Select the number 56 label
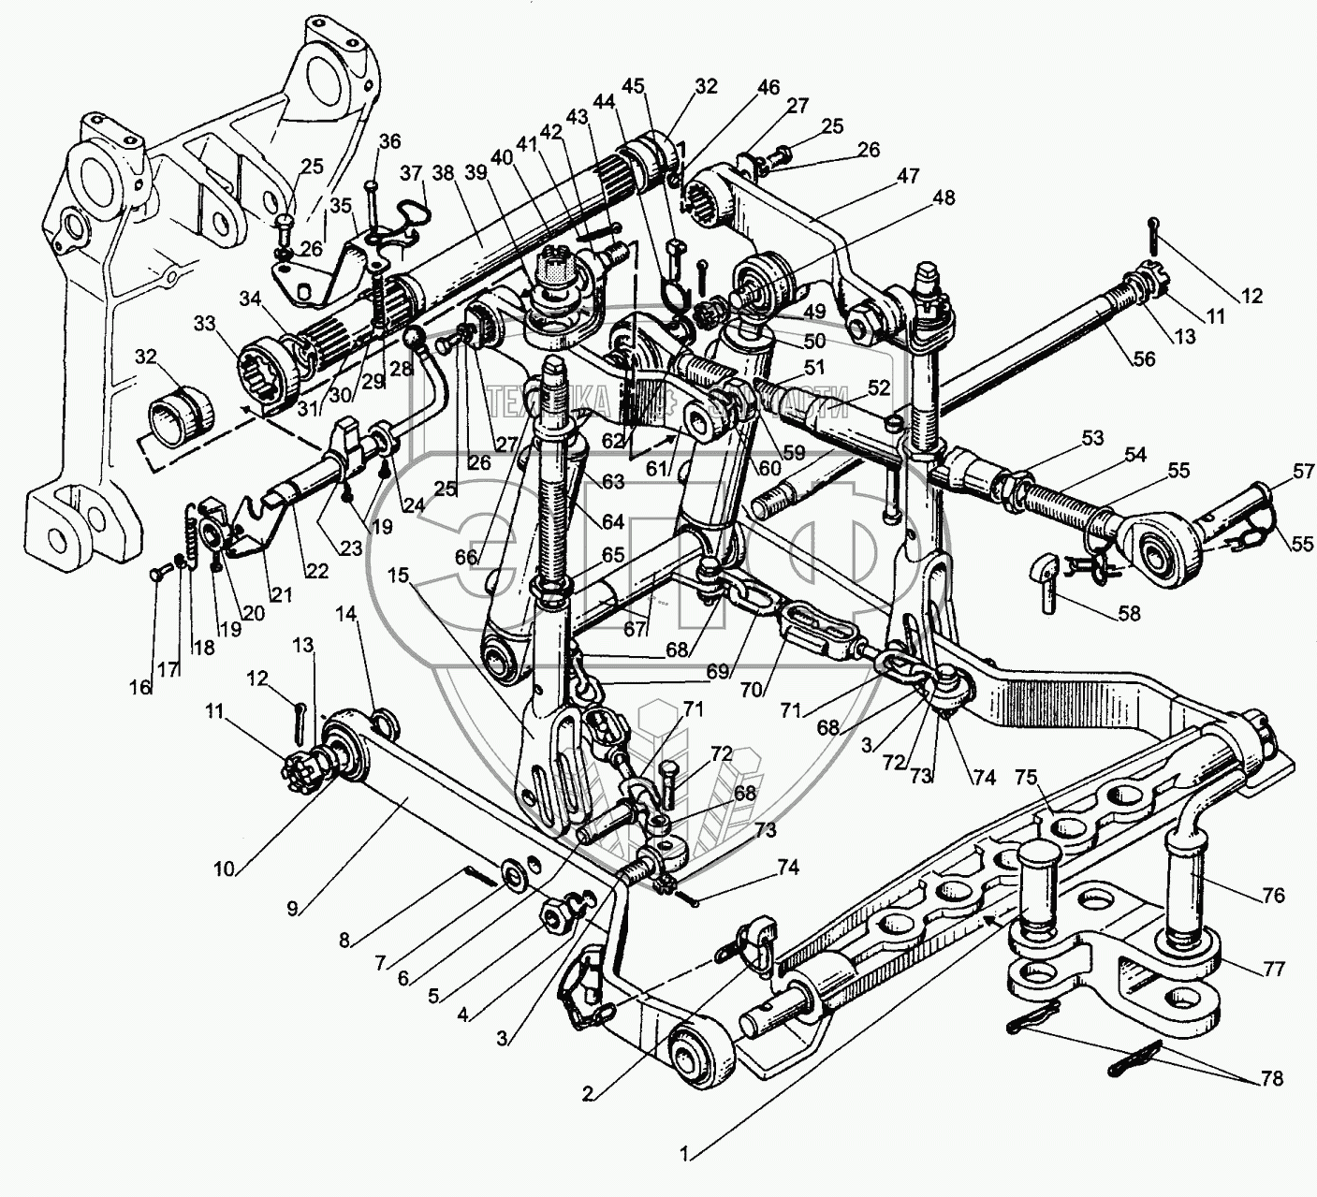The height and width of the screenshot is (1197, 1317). pyautogui.click(x=1144, y=358)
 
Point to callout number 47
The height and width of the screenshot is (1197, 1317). pyautogui.click(x=906, y=176)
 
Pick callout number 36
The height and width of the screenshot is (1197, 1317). pyautogui.click(x=388, y=141)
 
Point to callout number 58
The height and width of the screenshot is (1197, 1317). pyautogui.click(x=1130, y=614)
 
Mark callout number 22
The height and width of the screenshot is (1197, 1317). pyautogui.click(x=315, y=572)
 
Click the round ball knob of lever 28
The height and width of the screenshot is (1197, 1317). pyautogui.click(x=415, y=338)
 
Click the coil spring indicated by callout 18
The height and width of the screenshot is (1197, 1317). pyautogui.click(x=189, y=536)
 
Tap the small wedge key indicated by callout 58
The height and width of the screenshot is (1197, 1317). pyautogui.click(x=1046, y=568)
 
